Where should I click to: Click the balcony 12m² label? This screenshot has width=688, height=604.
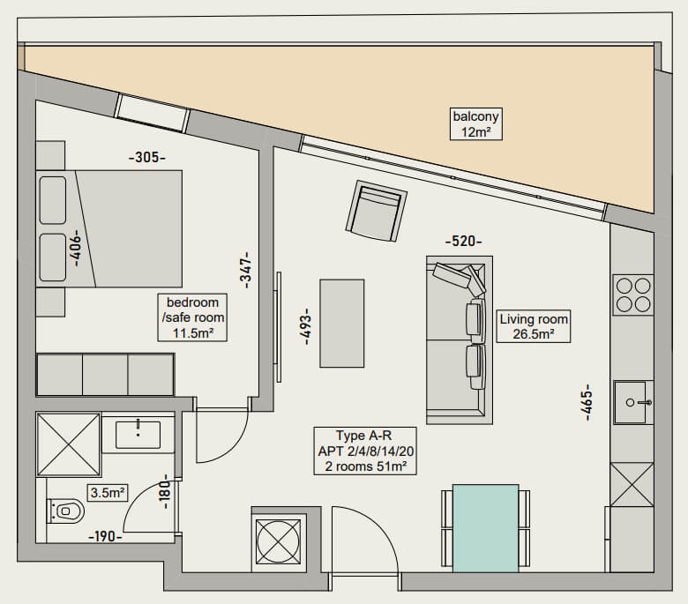point(476,124)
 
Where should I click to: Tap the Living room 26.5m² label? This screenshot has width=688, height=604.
point(534,326)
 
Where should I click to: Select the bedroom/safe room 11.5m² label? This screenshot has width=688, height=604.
point(192,317)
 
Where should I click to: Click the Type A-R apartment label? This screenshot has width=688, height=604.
point(365,451)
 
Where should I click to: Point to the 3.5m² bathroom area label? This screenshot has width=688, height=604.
point(108,493)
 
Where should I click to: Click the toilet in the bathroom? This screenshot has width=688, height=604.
point(65,511)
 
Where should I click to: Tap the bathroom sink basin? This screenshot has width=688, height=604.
point(138,435)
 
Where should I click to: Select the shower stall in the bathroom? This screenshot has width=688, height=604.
point(69,444)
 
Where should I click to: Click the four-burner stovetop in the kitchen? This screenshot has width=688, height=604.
point(633,295)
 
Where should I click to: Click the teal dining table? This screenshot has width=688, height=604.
point(486,528)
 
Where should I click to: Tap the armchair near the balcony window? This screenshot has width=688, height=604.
point(376,211)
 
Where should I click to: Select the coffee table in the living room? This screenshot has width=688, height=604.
point(342,324)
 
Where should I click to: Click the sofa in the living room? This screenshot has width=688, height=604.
point(460,340)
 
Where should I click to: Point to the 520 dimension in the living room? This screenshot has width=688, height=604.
point(463,242)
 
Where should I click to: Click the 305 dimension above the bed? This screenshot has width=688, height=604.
point(147,157)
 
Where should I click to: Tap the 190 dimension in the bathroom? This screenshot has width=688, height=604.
point(105,536)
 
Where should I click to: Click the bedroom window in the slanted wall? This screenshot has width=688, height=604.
point(152,113)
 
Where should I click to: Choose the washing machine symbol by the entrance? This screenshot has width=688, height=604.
point(278,541)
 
